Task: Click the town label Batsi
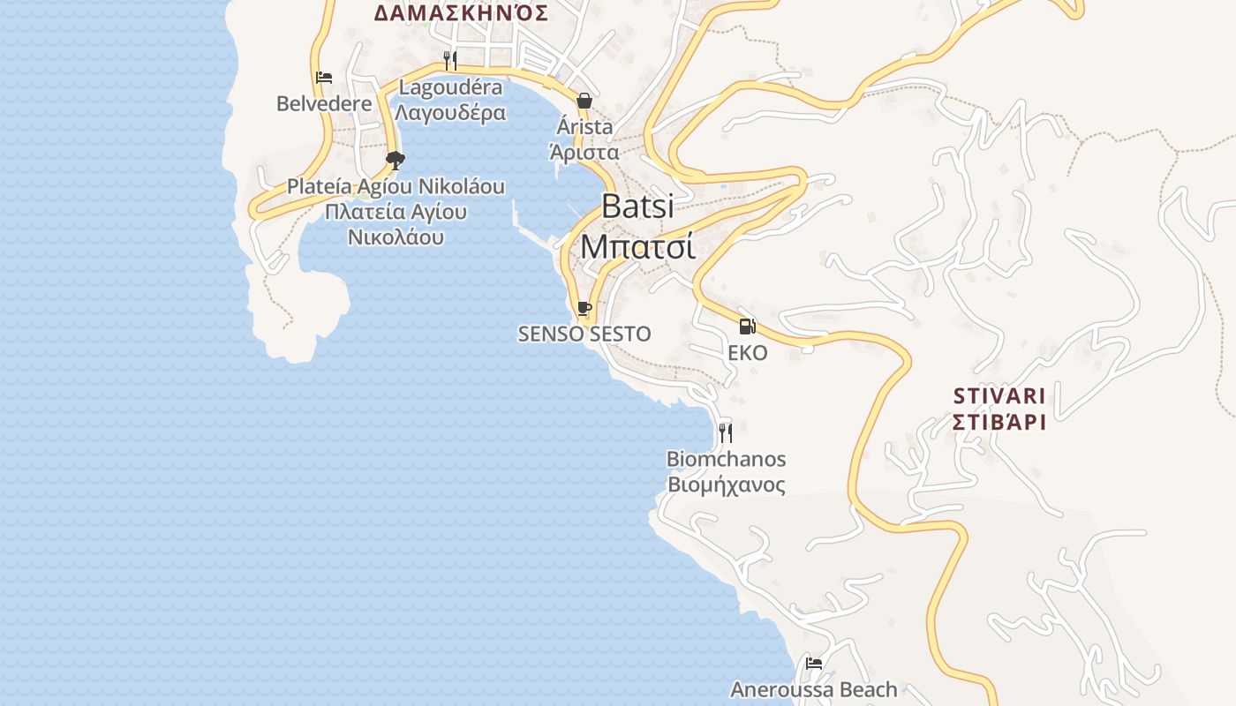[637, 206]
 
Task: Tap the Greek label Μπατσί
[637, 247]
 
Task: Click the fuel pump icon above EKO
[747, 327]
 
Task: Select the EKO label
[747, 353]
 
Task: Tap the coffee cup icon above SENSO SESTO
[584, 308]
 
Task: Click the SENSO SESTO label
[584, 334]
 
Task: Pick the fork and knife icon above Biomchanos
[725, 432]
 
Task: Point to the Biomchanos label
[726, 459]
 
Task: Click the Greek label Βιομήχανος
[726, 484]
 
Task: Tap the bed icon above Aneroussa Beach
[813, 663]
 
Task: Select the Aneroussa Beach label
[813, 689]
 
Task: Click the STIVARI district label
[999, 394]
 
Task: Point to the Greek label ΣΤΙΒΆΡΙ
[999, 421]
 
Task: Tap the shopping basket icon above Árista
[584, 101]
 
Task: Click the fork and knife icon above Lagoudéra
[450, 60]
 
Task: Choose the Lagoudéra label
[450, 87]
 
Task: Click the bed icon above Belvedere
[324, 78]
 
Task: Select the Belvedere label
[324, 103]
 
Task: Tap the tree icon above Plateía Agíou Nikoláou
[395, 160]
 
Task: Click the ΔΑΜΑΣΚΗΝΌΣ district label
[461, 13]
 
